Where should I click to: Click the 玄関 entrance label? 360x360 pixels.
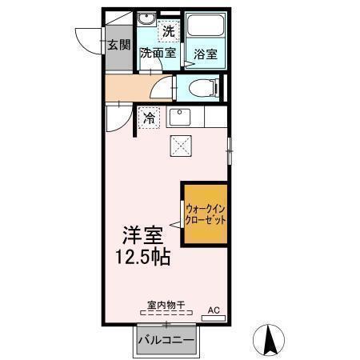tap(118, 43)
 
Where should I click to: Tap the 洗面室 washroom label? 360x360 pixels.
tap(157, 54)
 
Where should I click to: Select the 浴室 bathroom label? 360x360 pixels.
tap(206, 54)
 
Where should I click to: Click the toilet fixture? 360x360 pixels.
tap(201, 87)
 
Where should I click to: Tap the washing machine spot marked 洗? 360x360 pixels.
tap(167, 32)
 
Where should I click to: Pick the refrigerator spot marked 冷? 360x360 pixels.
tap(150, 118)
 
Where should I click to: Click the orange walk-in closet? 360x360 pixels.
tap(206, 214)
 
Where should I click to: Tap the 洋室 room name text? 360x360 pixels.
tap(142, 236)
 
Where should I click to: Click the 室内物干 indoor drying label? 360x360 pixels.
tap(166, 305)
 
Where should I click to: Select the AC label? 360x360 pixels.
tap(214, 308)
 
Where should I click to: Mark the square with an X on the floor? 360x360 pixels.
tap(180, 146)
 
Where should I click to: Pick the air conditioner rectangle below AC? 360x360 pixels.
tap(214, 318)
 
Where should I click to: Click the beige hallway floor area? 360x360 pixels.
tap(128, 87)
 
